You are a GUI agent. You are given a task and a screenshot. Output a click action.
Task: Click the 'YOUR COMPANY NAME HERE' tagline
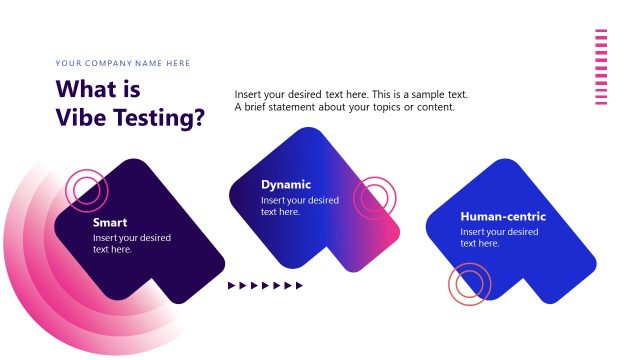[123, 63]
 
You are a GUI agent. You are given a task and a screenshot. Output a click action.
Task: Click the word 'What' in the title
[84, 89]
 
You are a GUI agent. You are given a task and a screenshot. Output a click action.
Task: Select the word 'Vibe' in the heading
[82, 117]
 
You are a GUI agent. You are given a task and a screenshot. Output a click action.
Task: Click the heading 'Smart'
[109, 223]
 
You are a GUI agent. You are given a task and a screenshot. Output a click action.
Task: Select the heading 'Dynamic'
[286, 185]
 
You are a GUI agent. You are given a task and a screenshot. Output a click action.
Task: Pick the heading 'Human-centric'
[503, 217]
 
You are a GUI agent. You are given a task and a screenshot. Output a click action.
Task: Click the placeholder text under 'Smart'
[131, 243]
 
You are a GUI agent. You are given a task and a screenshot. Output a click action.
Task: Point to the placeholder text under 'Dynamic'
[299, 206]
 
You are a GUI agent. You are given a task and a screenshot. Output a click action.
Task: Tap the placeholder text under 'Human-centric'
[499, 237]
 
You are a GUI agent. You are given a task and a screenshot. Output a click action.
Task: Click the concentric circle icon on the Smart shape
[86, 190]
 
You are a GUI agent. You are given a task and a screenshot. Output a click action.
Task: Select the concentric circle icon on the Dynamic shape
[376, 198]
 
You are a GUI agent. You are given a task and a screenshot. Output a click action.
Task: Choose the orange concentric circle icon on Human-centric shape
[468, 284]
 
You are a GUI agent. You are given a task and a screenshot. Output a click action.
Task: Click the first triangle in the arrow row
[232, 286]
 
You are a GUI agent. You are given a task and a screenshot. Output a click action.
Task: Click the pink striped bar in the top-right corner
[601, 66]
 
